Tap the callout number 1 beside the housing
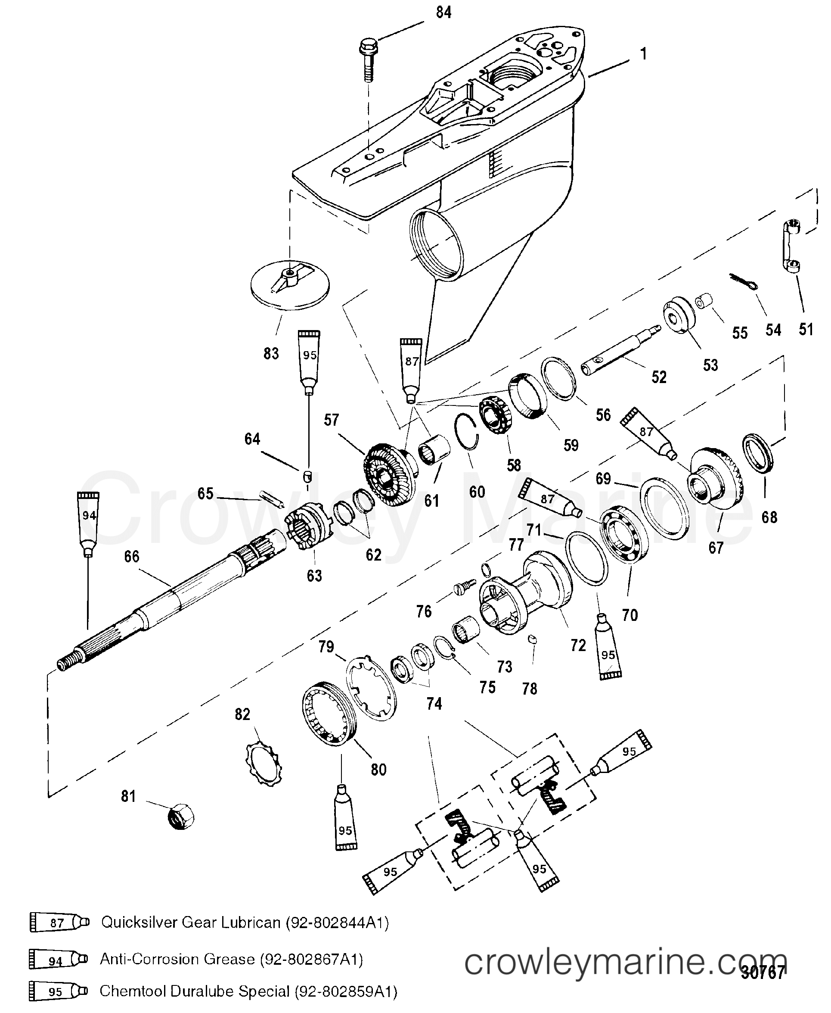(x=643, y=54)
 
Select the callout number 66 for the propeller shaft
(x=132, y=556)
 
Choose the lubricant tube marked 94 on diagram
(x=89, y=522)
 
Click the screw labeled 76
(x=464, y=586)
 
